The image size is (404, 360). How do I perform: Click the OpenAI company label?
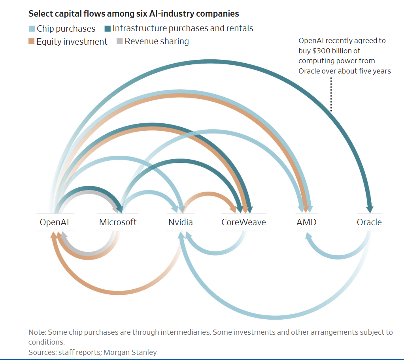(54, 222)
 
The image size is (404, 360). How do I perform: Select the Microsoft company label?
(118, 222)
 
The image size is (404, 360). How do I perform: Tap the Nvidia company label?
(180, 222)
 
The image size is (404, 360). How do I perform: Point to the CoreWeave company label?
(244, 222)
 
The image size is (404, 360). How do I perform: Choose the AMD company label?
(306, 222)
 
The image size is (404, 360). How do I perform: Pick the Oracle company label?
(369, 222)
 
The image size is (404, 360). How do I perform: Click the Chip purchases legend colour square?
(32, 29)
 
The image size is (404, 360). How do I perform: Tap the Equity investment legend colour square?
(32, 41)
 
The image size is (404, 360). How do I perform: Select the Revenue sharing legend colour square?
(120, 41)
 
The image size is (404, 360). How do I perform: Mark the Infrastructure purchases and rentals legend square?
(108, 29)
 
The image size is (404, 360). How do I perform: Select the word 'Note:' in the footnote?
(37, 332)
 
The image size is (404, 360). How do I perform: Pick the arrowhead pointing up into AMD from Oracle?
(307, 236)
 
